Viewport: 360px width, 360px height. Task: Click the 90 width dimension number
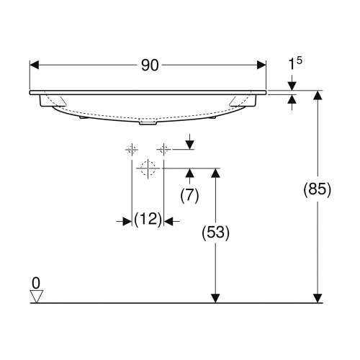pyautogui.click(x=149, y=66)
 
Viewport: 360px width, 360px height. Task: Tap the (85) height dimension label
pyautogui.click(x=316, y=190)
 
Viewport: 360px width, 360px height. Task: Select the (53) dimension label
pyautogui.click(x=214, y=233)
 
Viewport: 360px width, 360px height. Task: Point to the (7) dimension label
pyautogui.click(x=189, y=194)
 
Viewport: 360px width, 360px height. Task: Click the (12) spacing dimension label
pyautogui.click(x=148, y=221)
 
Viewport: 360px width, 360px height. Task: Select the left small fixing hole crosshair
pyautogui.click(x=132, y=149)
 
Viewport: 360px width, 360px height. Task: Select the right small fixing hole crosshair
pyautogui.click(x=163, y=149)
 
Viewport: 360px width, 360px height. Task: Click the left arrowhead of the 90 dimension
pyautogui.click(x=35, y=66)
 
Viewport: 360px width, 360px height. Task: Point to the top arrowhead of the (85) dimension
pyautogui.click(x=317, y=96)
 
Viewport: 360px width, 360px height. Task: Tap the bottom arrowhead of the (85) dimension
pyautogui.click(x=317, y=297)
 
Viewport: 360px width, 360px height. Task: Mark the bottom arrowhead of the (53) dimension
pyautogui.click(x=214, y=297)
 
